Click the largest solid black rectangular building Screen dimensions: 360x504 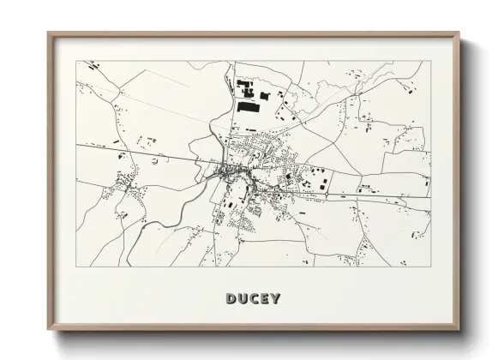[x=249, y=109]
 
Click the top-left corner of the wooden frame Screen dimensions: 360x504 [x=48, y=33]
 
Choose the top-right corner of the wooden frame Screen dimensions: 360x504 [x=460, y=33]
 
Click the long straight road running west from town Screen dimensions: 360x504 [x=137, y=154]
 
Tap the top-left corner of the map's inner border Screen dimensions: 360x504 [x=77, y=61]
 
